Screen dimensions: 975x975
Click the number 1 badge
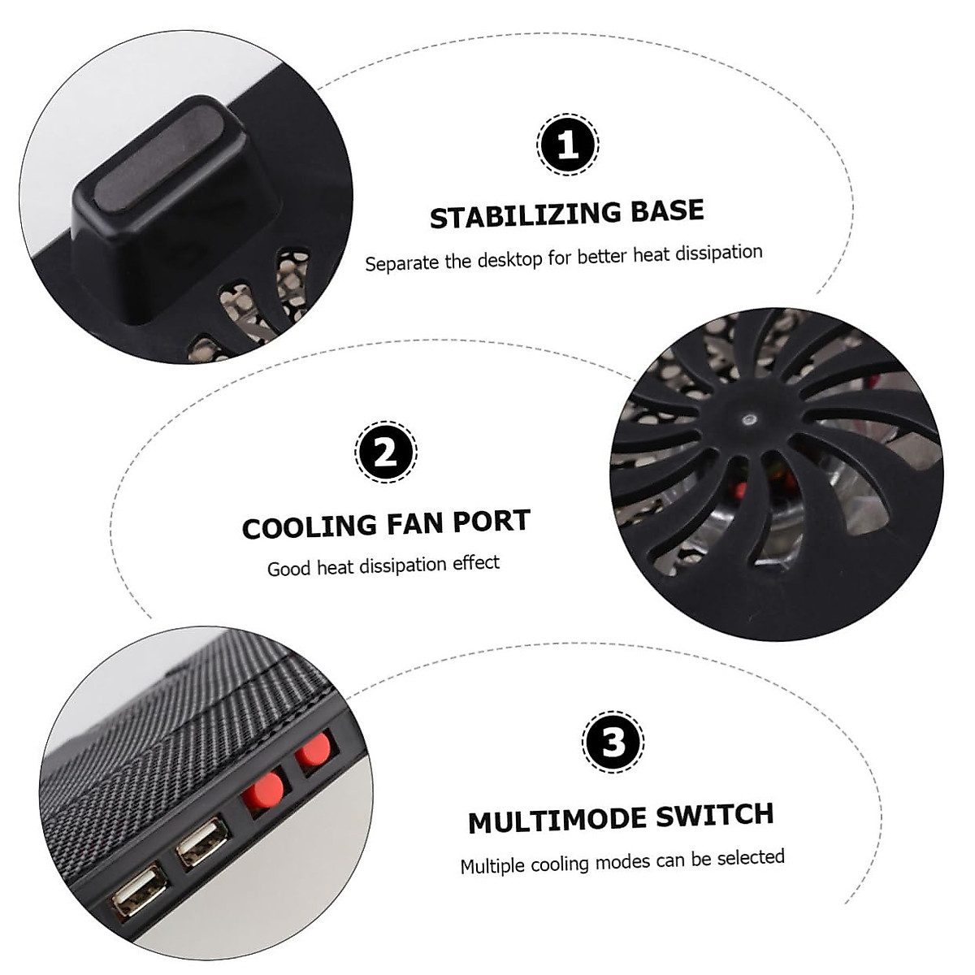(568, 145)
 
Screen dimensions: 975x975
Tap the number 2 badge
(386, 451)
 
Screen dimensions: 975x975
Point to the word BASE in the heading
(667, 210)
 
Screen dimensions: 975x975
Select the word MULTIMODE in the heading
(557, 821)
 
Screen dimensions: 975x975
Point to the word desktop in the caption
(509, 260)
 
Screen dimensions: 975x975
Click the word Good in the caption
(289, 568)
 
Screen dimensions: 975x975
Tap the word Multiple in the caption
(492, 866)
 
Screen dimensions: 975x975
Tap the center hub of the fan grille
(747, 419)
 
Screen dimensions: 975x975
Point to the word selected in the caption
(750, 857)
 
